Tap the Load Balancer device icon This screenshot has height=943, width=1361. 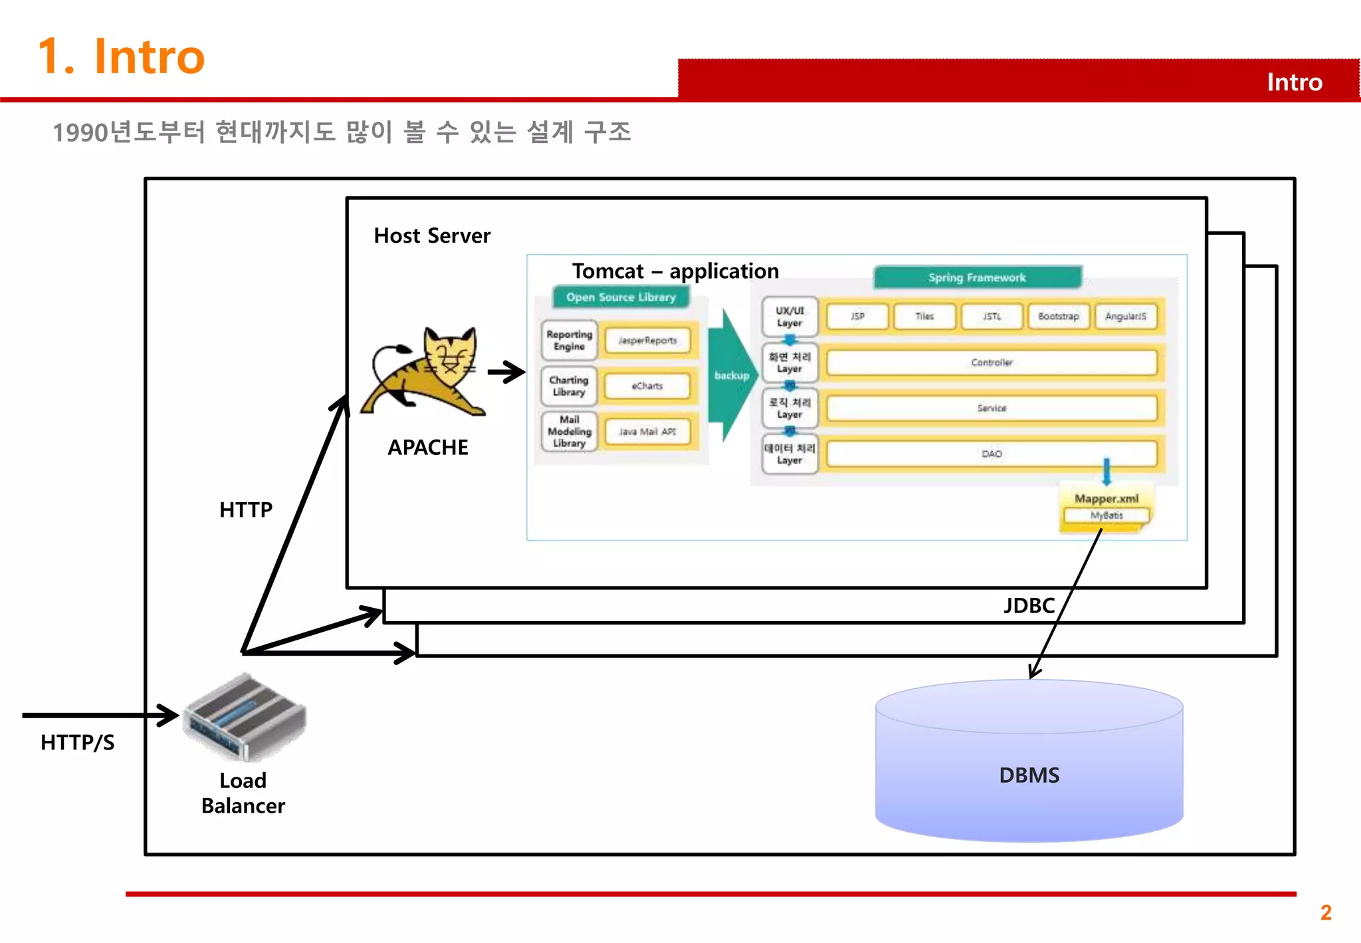tap(245, 718)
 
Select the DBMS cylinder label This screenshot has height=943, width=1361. tap(1029, 775)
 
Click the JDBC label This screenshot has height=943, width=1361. tap(1029, 605)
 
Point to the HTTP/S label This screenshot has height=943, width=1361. tap(77, 742)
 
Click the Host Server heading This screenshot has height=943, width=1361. tap(432, 235)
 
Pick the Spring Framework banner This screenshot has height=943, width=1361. tap(977, 277)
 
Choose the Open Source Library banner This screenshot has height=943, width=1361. tap(621, 297)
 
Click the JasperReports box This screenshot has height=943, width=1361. tap(647, 340)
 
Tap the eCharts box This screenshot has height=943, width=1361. tap(647, 386)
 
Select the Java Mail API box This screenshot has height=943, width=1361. tap(647, 432)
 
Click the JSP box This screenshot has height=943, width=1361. tap(857, 317)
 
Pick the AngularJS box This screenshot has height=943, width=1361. tap(1125, 317)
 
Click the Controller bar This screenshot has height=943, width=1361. tap(992, 362)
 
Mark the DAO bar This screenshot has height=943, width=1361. tap(992, 454)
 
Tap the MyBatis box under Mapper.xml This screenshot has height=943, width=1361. tap(1106, 515)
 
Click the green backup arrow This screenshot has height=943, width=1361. tap(731, 375)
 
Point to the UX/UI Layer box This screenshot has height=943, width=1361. tap(789, 317)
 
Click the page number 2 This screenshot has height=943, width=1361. tap(1326, 912)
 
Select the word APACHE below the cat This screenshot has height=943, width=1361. tap(428, 448)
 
